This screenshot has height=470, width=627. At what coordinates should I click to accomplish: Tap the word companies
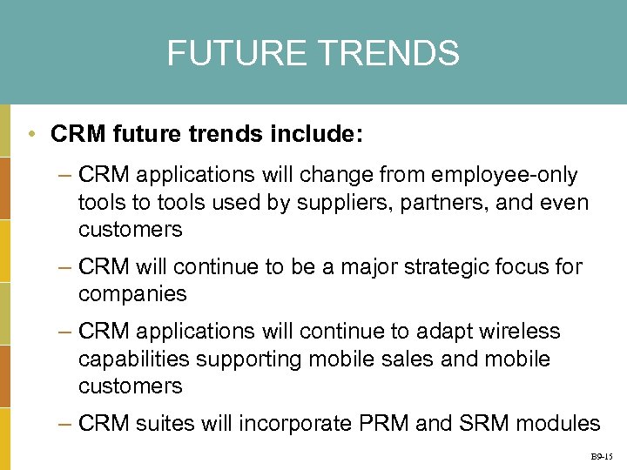click(132, 294)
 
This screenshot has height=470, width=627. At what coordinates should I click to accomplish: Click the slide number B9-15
click(602, 456)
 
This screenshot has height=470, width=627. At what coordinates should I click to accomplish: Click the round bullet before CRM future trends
click(30, 135)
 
